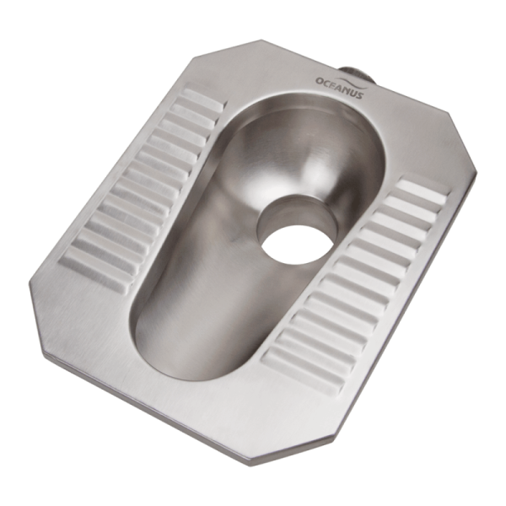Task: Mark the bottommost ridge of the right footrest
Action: pyautogui.click(x=304, y=366)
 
